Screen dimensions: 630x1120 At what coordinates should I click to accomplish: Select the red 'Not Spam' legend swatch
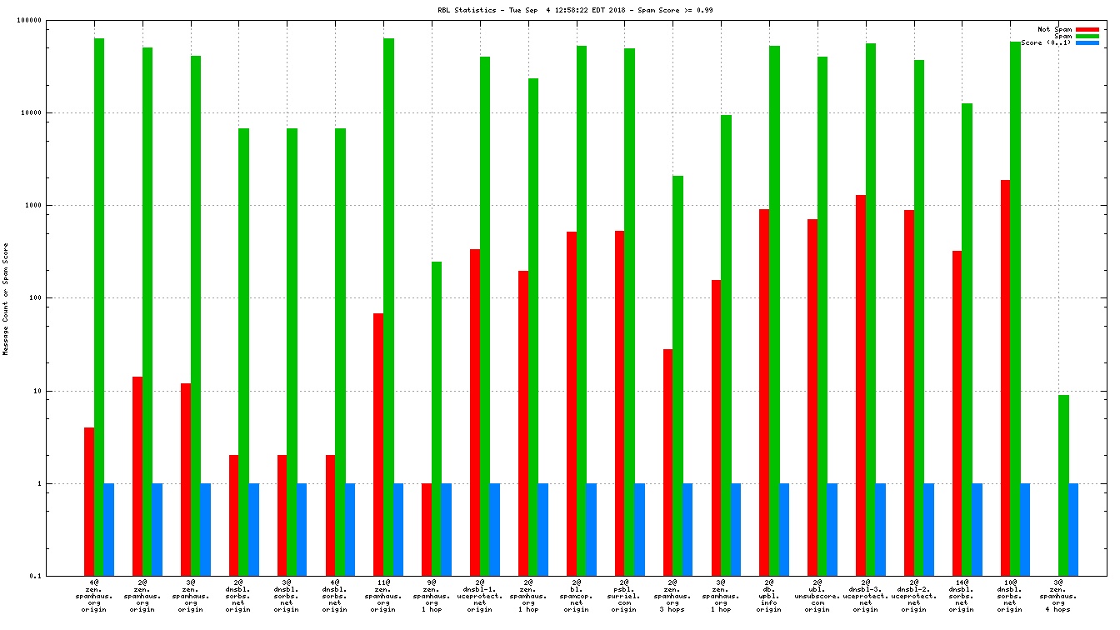coord(1087,29)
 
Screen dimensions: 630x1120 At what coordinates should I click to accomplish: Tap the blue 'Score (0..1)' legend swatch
coord(1087,42)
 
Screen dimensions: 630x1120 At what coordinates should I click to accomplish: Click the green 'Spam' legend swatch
coord(1087,36)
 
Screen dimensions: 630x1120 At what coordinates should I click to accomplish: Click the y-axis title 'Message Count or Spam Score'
coord(6,299)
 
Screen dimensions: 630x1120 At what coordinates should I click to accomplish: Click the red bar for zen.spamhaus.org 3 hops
coord(667,462)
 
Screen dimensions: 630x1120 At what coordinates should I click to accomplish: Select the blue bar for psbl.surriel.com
coord(639,529)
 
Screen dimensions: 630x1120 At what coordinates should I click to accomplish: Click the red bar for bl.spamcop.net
coord(572,403)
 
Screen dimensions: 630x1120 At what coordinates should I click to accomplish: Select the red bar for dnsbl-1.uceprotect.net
coord(475,412)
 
